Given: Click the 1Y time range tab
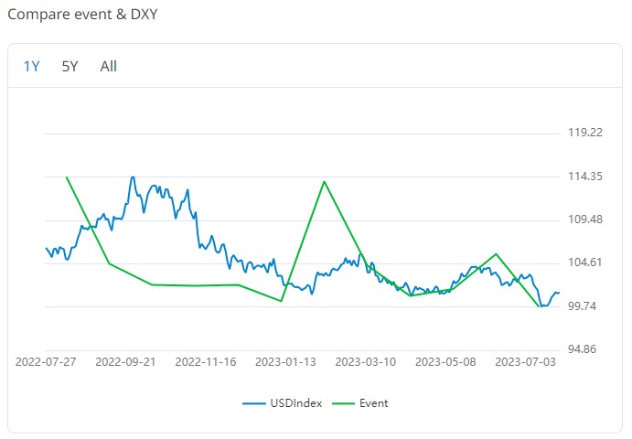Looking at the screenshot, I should (32, 66).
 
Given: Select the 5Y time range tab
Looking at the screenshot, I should (70, 66).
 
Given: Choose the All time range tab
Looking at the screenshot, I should (109, 66).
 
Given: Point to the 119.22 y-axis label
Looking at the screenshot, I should (585, 133).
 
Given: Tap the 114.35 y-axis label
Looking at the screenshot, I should (585, 177).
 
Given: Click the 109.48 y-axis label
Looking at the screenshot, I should (585, 219).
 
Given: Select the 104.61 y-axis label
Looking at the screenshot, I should (585, 262).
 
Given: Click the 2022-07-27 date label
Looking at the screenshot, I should (47, 362).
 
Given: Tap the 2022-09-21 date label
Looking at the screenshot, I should (125, 362).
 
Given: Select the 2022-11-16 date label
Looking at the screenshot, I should (206, 362).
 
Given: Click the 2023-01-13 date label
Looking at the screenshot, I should (285, 362).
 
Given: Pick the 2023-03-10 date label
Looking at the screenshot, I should (366, 362).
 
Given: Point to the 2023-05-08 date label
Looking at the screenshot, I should (445, 362).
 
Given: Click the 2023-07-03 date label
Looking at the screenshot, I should (525, 362).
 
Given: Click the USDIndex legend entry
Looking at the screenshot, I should (283, 403).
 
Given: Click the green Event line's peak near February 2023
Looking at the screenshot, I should (325, 181).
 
